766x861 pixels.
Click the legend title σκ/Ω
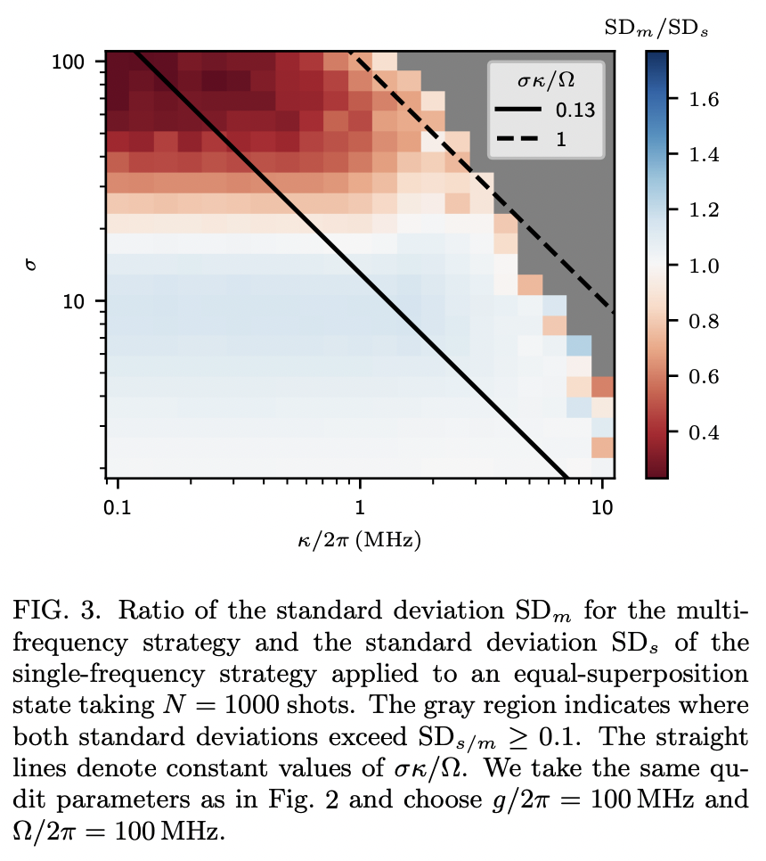pyautogui.click(x=545, y=81)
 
